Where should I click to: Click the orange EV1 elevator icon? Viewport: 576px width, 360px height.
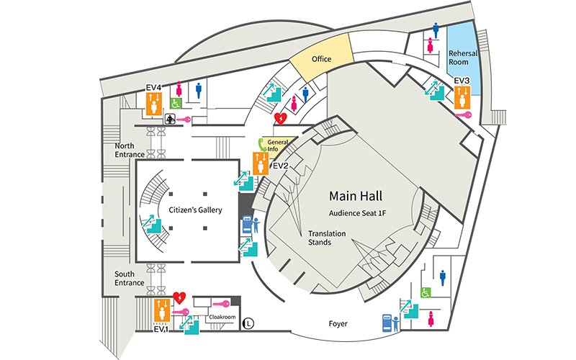coord(162,311)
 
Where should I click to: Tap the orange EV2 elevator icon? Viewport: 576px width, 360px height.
coord(261,164)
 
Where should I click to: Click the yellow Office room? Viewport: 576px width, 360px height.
coord(321,59)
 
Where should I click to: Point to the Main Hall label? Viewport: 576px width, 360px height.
coord(356,196)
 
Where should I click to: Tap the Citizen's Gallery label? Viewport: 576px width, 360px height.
coord(195,210)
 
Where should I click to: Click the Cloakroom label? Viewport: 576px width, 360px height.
coord(222,316)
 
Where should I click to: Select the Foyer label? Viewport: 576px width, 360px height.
coord(338,324)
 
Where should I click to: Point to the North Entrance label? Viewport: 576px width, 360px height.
coord(130,150)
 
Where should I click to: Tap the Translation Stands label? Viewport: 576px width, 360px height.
coord(325,238)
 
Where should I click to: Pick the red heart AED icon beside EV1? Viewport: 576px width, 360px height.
coord(180,297)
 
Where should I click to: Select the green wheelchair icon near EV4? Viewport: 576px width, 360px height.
coord(175,103)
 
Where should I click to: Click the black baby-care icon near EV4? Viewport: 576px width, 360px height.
coord(172,120)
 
